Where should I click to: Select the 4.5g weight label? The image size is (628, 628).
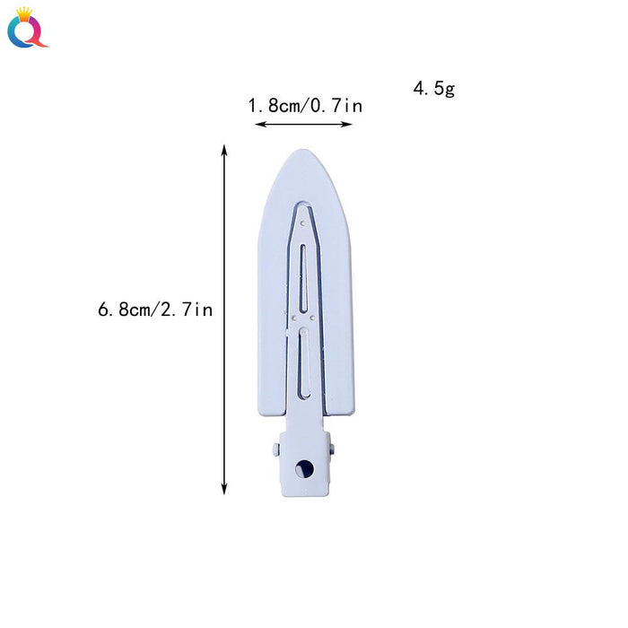[435, 89]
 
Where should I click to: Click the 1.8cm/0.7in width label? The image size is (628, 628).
[305, 106]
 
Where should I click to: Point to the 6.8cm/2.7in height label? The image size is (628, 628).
[155, 310]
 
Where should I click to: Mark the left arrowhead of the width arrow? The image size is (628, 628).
[258, 124]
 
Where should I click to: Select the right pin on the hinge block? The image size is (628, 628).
[335, 446]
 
